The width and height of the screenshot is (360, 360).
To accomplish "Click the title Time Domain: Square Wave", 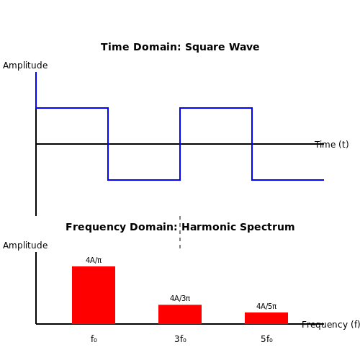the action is click(180, 47).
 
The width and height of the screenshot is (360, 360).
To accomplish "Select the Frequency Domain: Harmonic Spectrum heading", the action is click(180, 227).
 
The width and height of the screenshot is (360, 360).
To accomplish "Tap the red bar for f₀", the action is click(94, 295).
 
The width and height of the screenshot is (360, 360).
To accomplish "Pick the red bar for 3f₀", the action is click(180, 315).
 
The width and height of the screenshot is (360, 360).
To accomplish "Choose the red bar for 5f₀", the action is click(266, 318).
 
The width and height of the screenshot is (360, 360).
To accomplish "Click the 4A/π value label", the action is click(94, 260).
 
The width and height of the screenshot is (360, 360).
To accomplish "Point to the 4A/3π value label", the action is click(180, 298).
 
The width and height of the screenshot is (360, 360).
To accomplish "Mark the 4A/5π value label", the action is click(266, 306).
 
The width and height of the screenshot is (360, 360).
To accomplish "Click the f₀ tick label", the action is click(94, 339).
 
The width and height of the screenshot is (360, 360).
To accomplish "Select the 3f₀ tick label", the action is click(180, 339).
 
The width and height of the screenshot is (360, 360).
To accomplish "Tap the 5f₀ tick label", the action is click(266, 339).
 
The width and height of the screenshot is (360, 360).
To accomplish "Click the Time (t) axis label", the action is click(332, 145).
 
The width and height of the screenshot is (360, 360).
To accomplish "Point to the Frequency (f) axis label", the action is click(330, 325).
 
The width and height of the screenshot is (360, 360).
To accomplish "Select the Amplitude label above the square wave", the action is click(25, 66).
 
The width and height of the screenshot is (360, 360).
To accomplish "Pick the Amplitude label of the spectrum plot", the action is click(25, 246).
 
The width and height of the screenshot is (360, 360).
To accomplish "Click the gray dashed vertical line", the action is click(180, 232).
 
